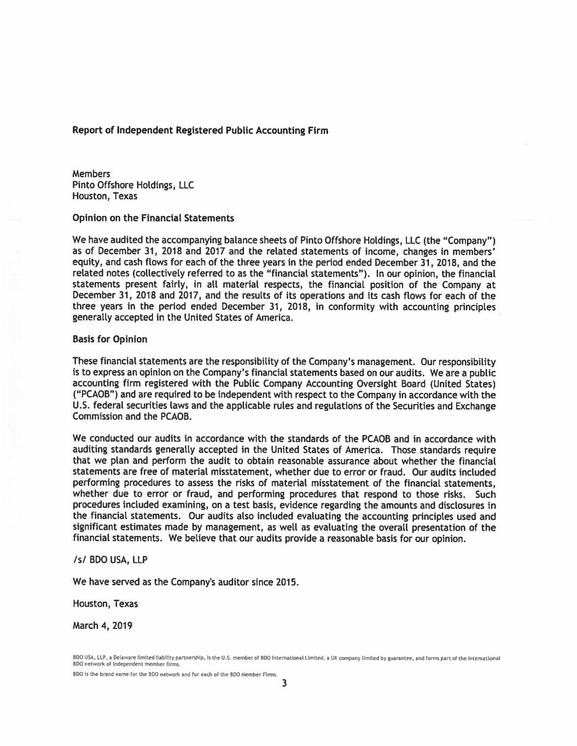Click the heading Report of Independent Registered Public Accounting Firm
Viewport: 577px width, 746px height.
[x=200, y=131]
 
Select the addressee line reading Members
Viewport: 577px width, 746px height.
[x=91, y=174]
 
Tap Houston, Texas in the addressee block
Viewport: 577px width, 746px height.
[x=105, y=196]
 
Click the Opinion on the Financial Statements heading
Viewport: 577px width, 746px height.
[x=153, y=218]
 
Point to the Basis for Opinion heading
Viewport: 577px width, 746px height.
[x=110, y=339]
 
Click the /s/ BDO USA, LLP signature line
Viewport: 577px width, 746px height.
[x=110, y=560]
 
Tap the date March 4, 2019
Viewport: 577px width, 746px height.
[x=102, y=626]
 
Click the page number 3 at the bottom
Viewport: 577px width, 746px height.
[x=284, y=683]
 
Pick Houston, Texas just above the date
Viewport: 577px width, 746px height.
[x=105, y=604]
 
